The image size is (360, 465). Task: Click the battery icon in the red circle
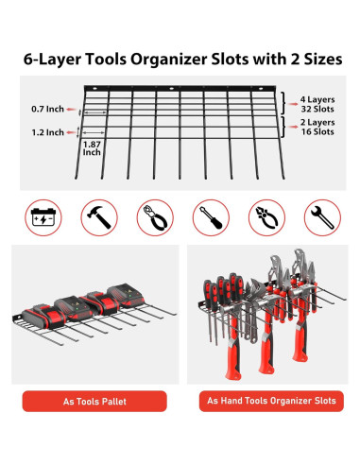pos(43,217)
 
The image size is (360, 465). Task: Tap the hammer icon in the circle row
pos(99,217)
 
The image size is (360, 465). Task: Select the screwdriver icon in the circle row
pos(211,217)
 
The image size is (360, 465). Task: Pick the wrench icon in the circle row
pos(322,217)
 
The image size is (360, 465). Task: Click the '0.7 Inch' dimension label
pos(47,109)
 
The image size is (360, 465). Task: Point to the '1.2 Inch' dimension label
pos(47,132)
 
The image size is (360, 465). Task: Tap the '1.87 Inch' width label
pos(92,148)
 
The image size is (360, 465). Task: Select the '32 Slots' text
pos(317,109)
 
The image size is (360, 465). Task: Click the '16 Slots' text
pos(317,131)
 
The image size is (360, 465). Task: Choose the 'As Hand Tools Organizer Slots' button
pos(271,401)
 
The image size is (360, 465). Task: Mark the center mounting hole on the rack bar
pos(172,89)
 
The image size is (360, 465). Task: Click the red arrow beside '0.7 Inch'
pos(71,110)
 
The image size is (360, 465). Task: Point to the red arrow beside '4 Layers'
pos(293,104)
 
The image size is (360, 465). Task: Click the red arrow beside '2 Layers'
pos(293,127)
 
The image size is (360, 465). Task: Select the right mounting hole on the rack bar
pos(261,89)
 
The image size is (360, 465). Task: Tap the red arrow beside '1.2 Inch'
pos(71,132)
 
